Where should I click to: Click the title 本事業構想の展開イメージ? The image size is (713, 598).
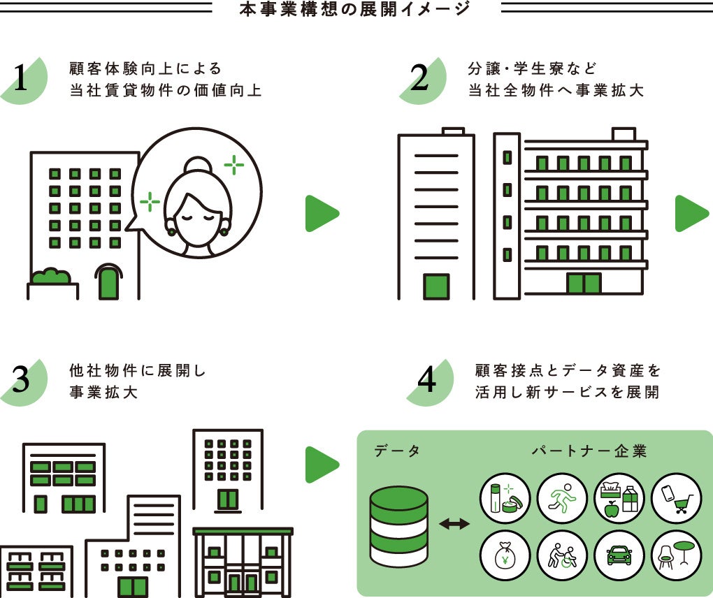tap(356, 10)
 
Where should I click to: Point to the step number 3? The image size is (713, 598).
tap(21, 381)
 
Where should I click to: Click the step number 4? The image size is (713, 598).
tap(426, 381)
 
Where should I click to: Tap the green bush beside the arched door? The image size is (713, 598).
tap(50, 277)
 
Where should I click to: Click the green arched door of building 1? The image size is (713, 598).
tap(108, 282)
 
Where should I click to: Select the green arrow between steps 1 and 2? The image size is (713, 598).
tap(321, 214)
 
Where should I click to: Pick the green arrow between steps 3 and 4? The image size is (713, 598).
tap(321, 464)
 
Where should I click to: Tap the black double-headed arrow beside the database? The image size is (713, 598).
tap(454, 523)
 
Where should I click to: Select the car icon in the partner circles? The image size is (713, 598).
tap(619, 556)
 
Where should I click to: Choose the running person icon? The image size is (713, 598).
tap(561, 499)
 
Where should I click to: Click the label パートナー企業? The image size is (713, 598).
tap(589, 451)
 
